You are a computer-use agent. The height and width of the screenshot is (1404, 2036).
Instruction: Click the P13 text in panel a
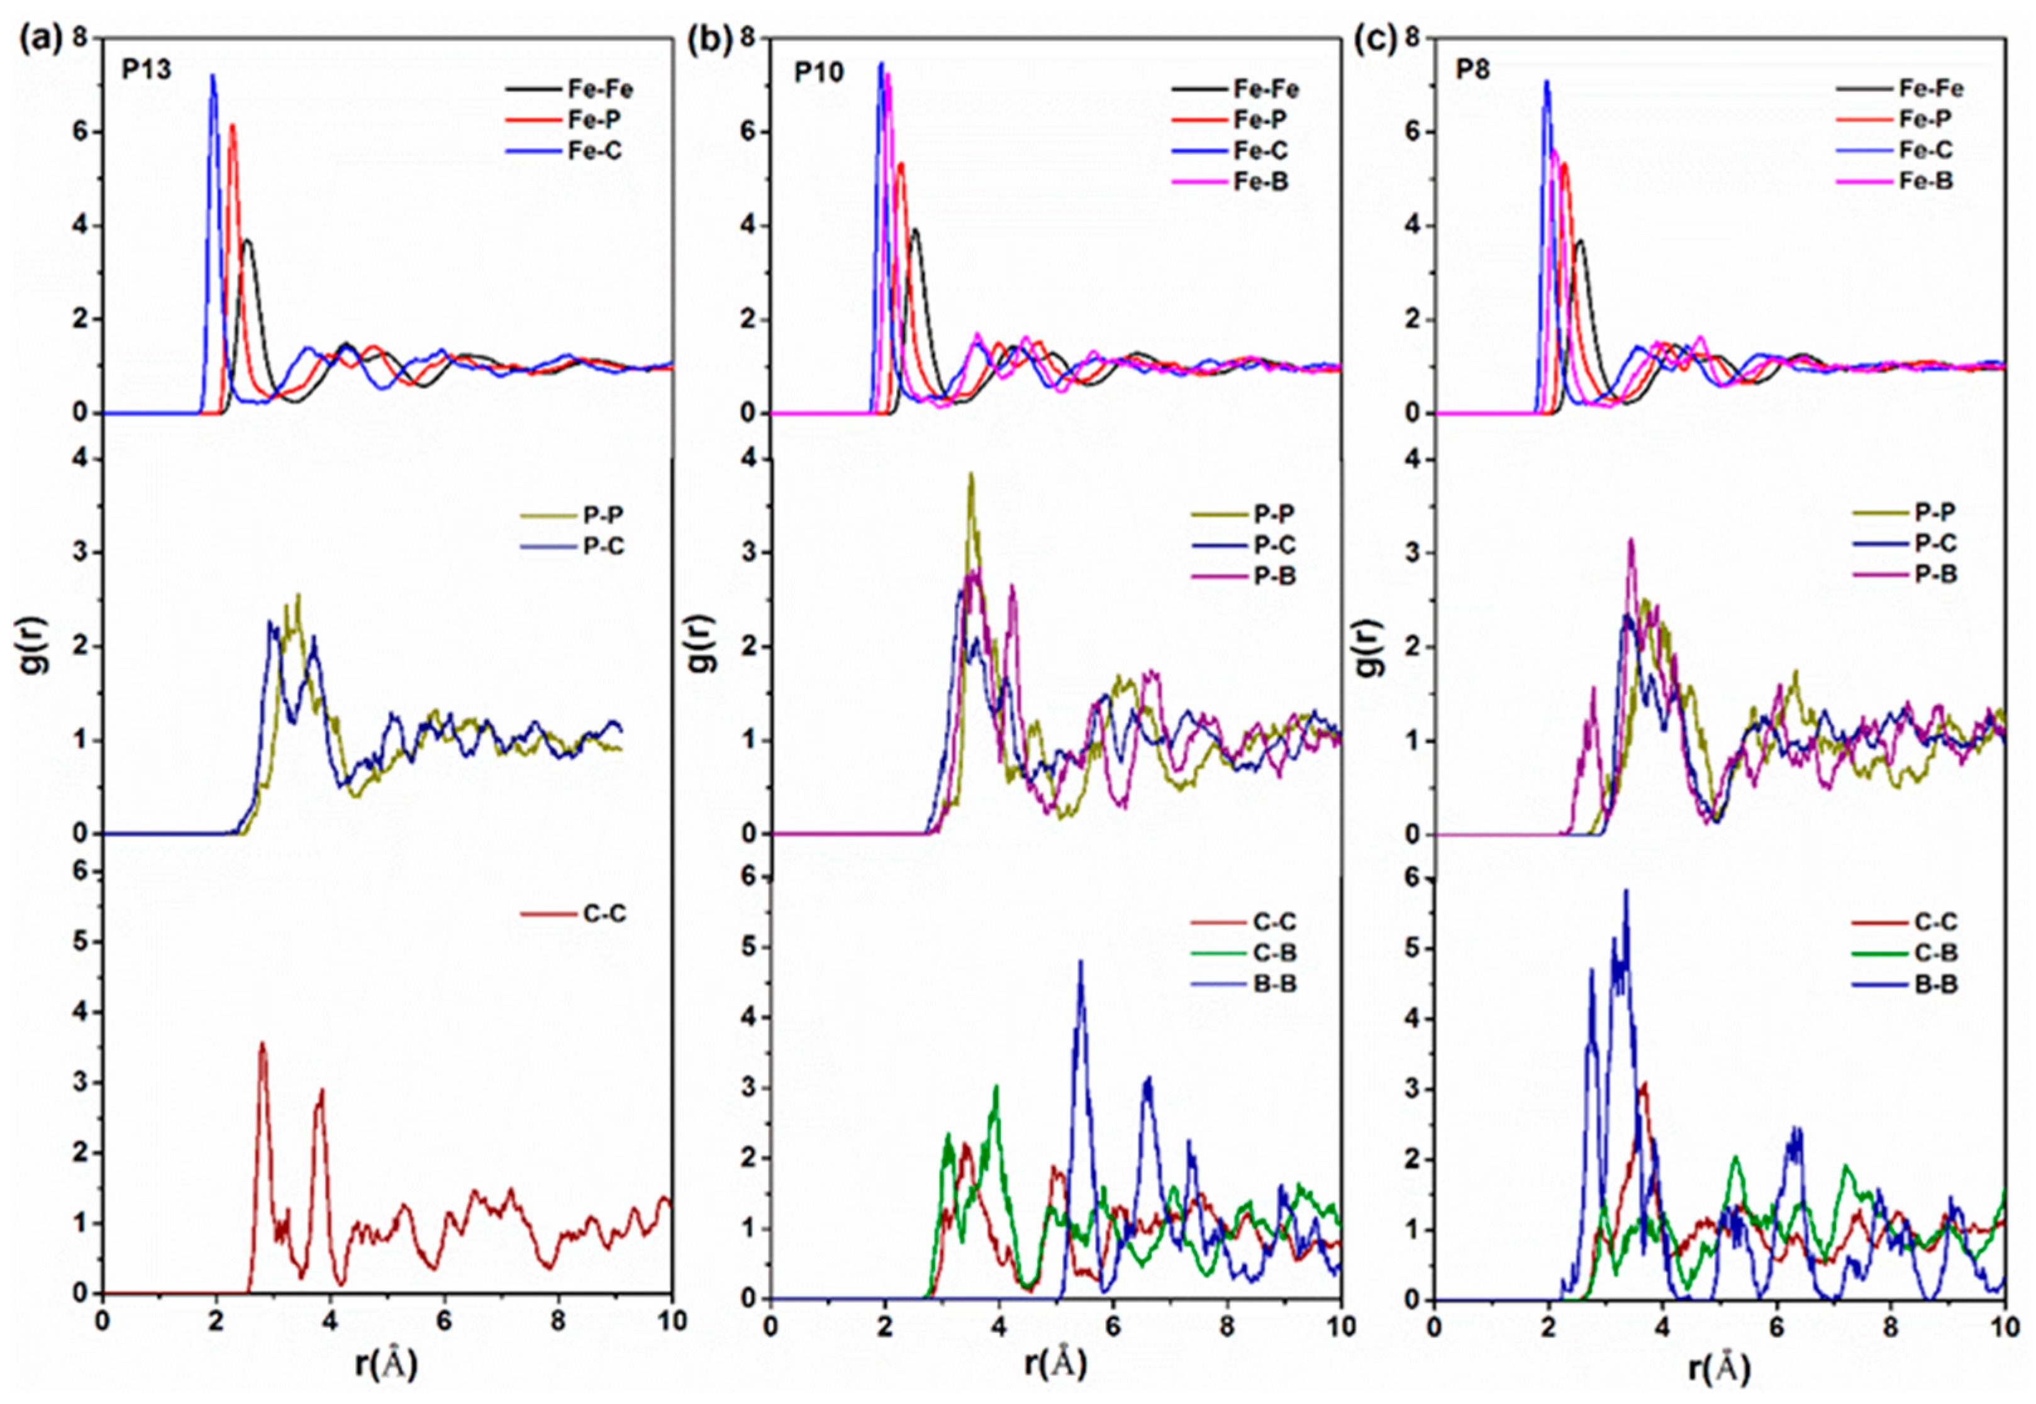[146, 70]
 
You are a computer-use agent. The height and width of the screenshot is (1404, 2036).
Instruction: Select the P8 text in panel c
[1473, 70]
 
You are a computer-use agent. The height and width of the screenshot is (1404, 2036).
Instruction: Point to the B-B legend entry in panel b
[1272, 983]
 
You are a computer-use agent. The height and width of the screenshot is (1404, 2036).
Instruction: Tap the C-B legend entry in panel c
[1935, 953]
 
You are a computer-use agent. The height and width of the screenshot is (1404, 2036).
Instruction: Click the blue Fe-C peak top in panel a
[212, 77]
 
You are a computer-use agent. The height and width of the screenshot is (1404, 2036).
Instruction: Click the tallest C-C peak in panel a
[261, 1045]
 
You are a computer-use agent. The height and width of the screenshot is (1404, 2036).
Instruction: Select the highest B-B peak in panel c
[1626, 891]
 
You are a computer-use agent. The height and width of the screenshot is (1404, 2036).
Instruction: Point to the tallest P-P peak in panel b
[971, 475]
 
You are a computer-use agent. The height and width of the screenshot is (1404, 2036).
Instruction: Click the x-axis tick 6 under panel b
[1112, 1321]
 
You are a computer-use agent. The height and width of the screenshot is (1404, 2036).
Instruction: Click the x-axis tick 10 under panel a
[672, 1321]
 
